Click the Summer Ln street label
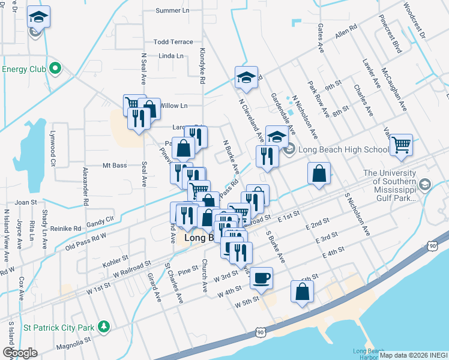(172, 10)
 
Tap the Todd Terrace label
(173, 42)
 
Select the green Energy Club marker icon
(55, 67)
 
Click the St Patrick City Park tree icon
(104, 326)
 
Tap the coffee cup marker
(261, 278)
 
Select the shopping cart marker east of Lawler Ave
(401, 144)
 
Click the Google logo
(20, 353)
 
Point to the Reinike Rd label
(66, 229)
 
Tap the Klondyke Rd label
(203, 66)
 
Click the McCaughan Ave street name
(394, 91)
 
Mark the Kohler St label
(116, 260)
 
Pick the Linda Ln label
(171, 56)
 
